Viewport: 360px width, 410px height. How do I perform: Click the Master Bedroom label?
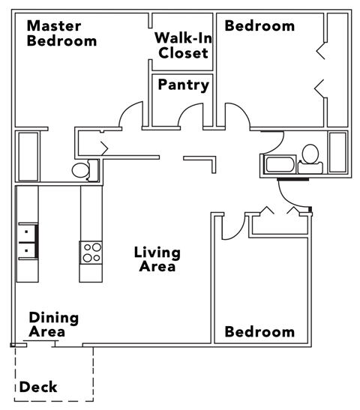61,34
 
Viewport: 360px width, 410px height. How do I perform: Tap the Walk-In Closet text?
182,45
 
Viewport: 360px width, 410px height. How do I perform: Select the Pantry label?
183,85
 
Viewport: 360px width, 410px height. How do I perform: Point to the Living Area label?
155,259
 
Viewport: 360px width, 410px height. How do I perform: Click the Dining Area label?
53,325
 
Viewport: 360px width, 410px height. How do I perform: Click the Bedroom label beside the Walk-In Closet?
259,26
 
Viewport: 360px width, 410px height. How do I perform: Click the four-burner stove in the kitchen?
91,253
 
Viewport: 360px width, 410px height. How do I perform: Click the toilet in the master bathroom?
82,170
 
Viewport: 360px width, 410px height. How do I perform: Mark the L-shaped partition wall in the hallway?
202,163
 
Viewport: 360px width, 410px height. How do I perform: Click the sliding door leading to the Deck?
39,344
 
